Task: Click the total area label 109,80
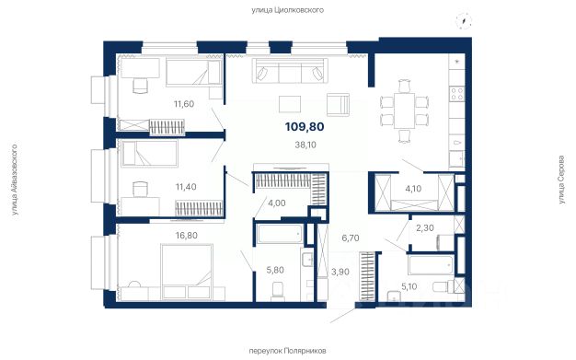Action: pyautogui.click(x=305, y=127)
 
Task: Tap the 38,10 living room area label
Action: pyautogui.click(x=305, y=145)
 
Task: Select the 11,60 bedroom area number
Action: pyautogui.click(x=184, y=104)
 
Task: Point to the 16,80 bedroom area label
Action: pyautogui.click(x=186, y=236)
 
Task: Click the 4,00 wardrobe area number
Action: pyautogui.click(x=277, y=203)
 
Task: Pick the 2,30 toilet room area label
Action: pyautogui.click(x=425, y=228)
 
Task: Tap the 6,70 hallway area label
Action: pyautogui.click(x=351, y=238)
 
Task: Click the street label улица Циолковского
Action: pyautogui.click(x=287, y=10)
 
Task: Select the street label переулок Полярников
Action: pyautogui.click(x=287, y=351)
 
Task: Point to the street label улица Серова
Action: pyautogui.click(x=561, y=180)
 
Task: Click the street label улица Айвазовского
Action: pyautogui.click(x=15, y=180)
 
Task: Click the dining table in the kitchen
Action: pyautogui.click(x=405, y=110)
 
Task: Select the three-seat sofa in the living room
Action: pyautogui.click(x=289, y=71)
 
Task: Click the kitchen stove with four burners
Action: pyautogui.click(x=457, y=93)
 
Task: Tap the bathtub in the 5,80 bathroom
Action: pyautogui.click(x=280, y=234)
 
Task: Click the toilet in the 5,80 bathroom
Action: pyautogui.click(x=277, y=291)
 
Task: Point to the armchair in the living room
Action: pyautogui.click(x=338, y=104)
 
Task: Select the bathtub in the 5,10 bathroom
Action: pyautogui.click(x=431, y=265)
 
